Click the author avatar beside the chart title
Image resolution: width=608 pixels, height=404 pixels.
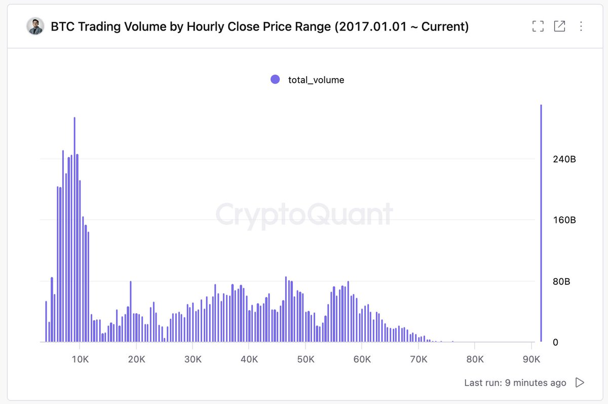35,26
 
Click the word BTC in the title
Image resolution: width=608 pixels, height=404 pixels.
61,27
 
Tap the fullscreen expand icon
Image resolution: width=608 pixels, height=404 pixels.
538,26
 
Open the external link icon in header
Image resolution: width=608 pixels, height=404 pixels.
559,26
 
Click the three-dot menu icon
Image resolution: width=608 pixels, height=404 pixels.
581,26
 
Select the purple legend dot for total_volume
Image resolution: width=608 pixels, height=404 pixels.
275,79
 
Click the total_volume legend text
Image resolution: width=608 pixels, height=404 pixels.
316,80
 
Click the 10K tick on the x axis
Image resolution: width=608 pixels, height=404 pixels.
80,359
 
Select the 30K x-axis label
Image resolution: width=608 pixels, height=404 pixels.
193,359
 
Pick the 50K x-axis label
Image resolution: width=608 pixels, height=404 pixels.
306,359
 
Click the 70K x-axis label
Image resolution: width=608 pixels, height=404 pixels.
418,359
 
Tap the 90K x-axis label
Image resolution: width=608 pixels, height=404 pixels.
531,359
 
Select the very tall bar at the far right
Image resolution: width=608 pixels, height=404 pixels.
541,223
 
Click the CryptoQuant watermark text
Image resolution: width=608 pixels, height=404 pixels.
304,214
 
